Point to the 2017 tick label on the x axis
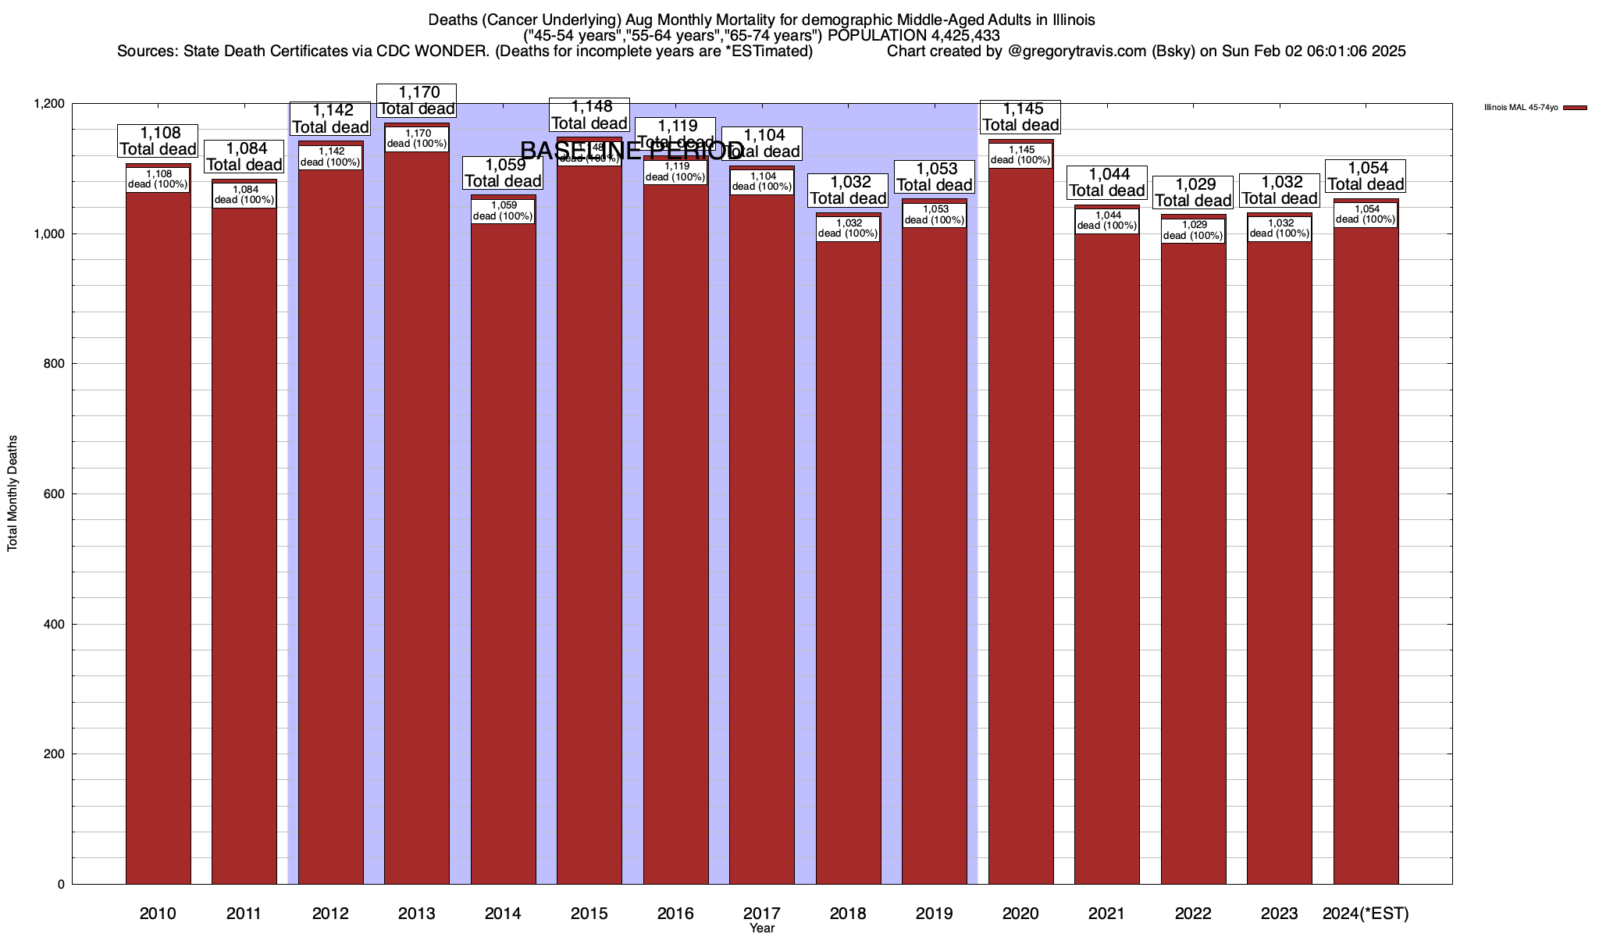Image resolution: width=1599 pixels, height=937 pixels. coord(761,913)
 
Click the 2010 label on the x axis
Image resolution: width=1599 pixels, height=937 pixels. coord(158,913)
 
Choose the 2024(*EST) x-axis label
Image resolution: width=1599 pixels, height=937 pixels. coord(1366,913)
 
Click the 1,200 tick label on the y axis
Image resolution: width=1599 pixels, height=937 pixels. coord(48,104)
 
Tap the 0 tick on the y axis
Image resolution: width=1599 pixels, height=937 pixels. coord(60,884)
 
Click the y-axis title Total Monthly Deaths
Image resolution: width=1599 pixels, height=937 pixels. coord(12,493)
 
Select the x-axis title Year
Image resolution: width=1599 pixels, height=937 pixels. coord(761,928)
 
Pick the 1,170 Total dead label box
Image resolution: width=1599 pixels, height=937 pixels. coord(417,100)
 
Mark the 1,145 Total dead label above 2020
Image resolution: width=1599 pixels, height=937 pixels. coord(1020,117)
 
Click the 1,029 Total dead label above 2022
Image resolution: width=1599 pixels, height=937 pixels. coord(1193,192)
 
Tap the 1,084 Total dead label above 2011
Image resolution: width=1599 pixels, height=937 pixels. coord(244,156)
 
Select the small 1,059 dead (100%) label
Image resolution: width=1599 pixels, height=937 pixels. coord(503,211)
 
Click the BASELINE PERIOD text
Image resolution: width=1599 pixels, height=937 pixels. coord(631,150)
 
